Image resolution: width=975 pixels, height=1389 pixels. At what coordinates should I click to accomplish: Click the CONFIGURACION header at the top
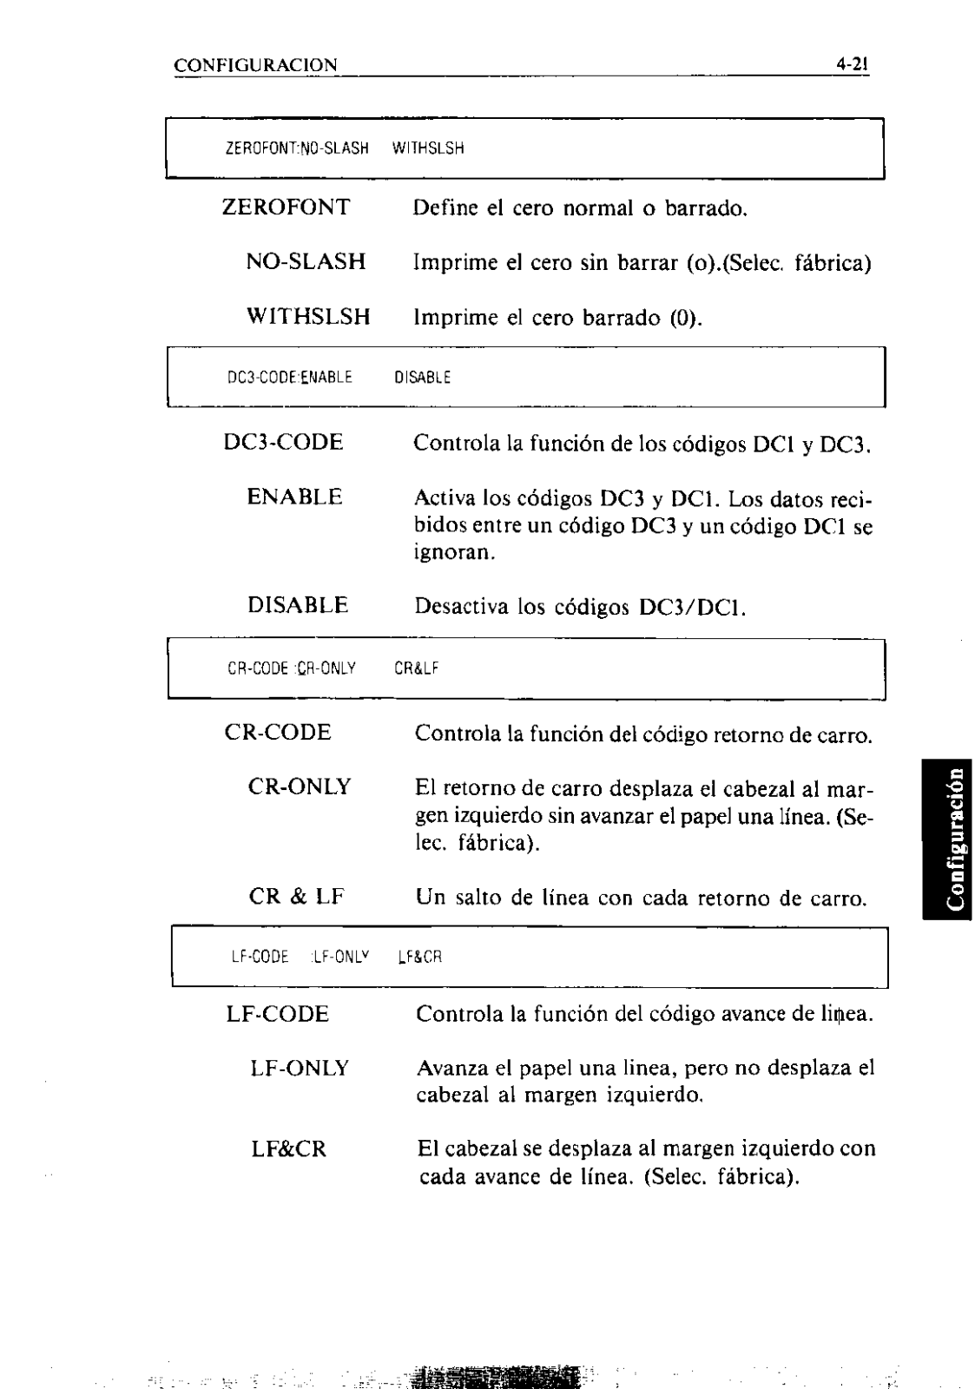click(255, 66)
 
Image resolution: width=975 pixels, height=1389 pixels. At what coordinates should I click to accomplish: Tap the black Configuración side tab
click(947, 837)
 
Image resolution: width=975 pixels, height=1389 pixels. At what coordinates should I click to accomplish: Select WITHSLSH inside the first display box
click(428, 148)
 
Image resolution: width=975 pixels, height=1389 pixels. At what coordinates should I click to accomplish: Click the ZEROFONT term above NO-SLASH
click(287, 207)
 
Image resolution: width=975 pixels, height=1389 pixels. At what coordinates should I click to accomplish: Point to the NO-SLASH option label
click(306, 261)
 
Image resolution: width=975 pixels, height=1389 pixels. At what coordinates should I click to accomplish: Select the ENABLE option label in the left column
click(294, 497)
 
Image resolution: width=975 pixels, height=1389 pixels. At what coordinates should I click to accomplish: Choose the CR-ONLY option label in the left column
click(300, 787)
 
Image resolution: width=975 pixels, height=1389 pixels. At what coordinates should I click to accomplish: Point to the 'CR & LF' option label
click(296, 896)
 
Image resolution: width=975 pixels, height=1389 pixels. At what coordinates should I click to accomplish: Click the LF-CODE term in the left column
click(278, 1014)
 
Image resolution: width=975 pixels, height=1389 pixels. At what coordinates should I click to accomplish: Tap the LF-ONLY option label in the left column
click(300, 1068)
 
